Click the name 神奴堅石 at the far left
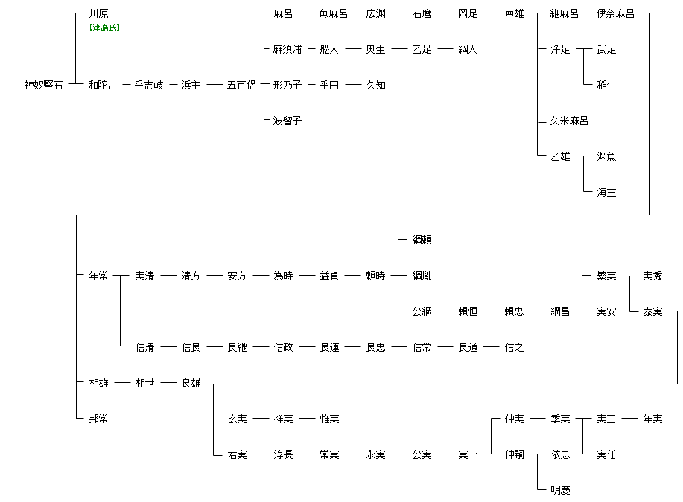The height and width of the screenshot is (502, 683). click(x=43, y=85)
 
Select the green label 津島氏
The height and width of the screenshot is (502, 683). click(x=104, y=28)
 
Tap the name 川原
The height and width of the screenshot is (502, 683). click(x=98, y=13)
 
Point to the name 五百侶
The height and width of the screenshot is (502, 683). click(x=241, y=85)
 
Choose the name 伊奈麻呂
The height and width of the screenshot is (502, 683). click(x=615, y=13)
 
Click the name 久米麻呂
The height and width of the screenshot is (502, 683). click(x=569, y=121)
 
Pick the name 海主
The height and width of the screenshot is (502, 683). click(x=606, y=192)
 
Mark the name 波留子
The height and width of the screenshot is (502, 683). click(x=288, y=121)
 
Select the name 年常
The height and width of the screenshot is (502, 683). click(x=98, y=276)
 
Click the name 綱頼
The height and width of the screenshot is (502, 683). click(x=422, y=240)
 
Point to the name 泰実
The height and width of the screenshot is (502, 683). click(x=652, y=311)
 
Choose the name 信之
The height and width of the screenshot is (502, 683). click(x=514, y=347)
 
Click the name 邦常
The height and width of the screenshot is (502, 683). click(x=98, y=419)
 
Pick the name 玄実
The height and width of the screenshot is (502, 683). click(x=237, y=419)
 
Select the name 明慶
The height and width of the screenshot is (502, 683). click(x=560, y=490)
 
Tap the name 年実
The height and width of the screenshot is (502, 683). click(x=652, y=419)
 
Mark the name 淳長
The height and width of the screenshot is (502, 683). click(x=283, y=454)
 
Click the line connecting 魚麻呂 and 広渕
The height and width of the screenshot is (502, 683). click(x=357, y=13)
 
